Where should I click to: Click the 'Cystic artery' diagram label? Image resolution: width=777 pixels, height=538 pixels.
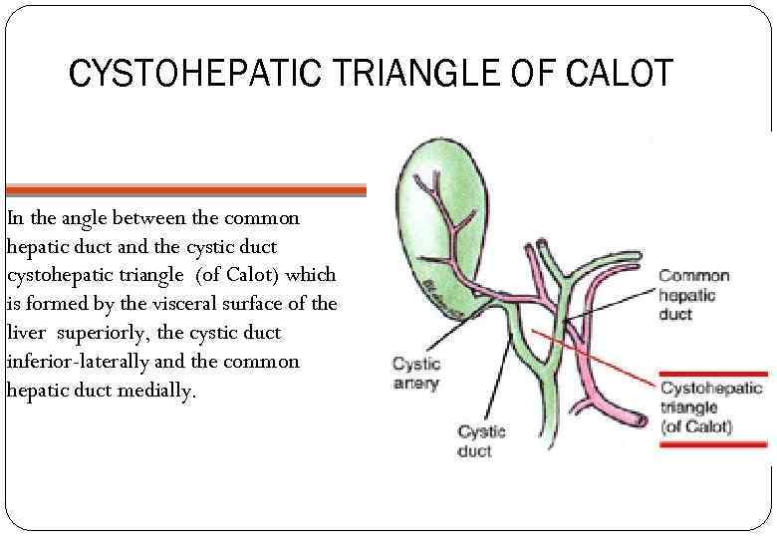coord(415,374)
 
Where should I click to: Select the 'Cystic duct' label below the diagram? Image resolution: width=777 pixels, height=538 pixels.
coord(481,440)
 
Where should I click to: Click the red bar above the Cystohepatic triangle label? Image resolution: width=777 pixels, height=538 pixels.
coord(712,374)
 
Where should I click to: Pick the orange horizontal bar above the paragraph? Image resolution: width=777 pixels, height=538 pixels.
coord(185,189)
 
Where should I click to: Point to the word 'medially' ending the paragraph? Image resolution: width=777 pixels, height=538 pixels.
coord(163,391)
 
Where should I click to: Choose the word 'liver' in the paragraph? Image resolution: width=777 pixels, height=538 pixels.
coord(26,333)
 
